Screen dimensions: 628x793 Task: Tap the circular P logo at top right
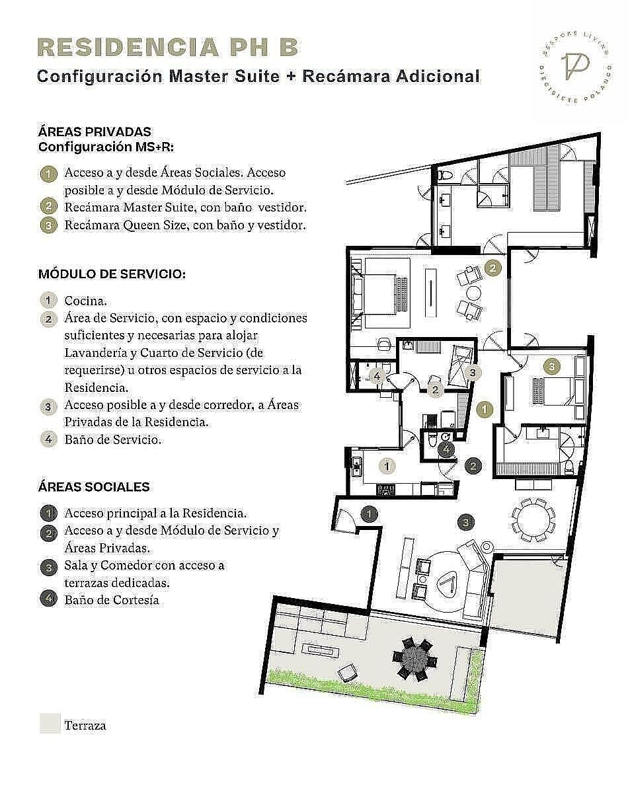pyautogui.click(x=576, y=69)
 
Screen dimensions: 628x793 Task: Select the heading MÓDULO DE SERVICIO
pyautogui.click(x=112, y=274)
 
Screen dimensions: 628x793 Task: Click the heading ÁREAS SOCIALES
pyautogui.click(x=94, y=487)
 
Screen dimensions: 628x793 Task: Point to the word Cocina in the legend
pyautogui.click(x=85, y=301)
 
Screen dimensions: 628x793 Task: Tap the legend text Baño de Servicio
pyautogui.click(x=113, y=439)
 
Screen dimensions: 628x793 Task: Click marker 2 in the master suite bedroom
pyautogui.click(x=492, y=268)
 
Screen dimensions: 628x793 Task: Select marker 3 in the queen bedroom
pyautogui.click(x=552, y=366)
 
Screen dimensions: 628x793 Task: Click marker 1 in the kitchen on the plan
pyautogui.click(x=387, y=466)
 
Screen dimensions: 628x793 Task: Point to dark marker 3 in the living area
pyautogui.click(x=466, y=522)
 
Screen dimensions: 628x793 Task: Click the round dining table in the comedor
pyautogui.click(x=533, y=519)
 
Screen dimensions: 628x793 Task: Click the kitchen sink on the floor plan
pyautogui.click(x=357, y=467)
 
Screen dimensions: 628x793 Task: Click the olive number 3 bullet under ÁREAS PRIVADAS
pyautogui.click(x=49, y=225)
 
